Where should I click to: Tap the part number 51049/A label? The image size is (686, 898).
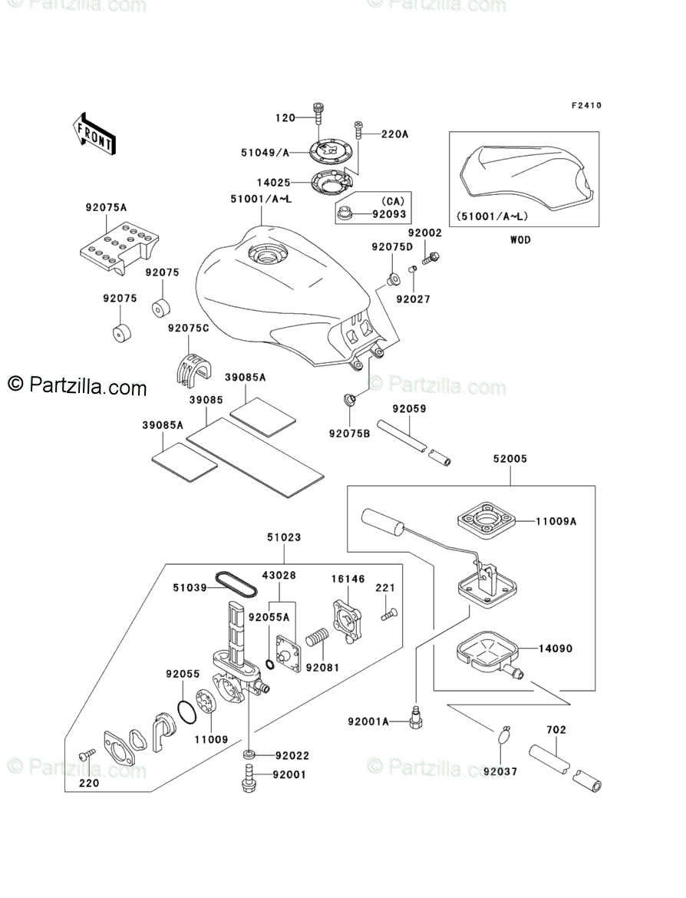point(265,152)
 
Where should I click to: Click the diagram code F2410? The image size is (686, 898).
point(586,105)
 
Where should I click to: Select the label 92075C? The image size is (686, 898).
point(189,328)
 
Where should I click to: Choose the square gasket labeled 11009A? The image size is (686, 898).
point(486,522)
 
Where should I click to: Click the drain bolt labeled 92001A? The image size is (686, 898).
point(417,718)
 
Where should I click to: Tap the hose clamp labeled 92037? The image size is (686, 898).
point(504,735)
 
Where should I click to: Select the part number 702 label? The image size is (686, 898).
point(556,730)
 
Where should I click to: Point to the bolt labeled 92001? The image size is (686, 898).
point(249,777)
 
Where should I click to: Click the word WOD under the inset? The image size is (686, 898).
point(520,240)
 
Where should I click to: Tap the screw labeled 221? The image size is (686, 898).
point(389,615)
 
